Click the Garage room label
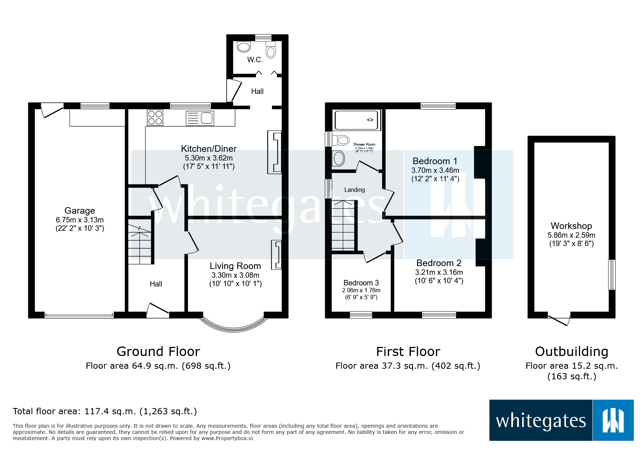point(80,211)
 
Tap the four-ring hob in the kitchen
point(155,118)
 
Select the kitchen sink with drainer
point(200,118)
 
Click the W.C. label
point(255,60)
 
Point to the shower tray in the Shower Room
point(357,120)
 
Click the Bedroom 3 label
point(361,283)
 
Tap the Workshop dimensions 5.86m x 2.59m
point(571,235)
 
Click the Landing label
point(354,190)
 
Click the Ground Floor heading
point(158,352)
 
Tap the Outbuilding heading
point(571,352)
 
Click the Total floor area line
point(105,411)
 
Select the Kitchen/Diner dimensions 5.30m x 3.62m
point(208,158)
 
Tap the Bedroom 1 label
point(435,161)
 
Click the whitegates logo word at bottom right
point(540,421)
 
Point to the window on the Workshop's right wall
point(612,274)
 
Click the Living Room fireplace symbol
point(277,254)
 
